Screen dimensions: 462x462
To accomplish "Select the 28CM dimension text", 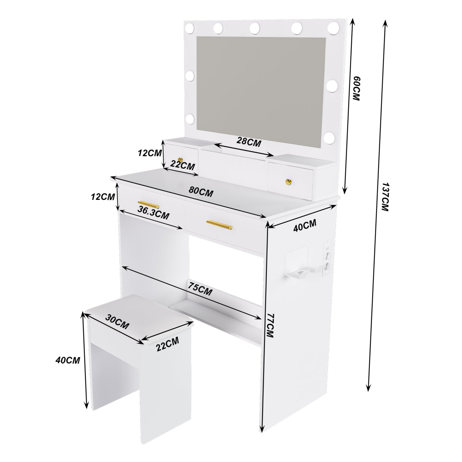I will pyautogui.click(x=249, y=142).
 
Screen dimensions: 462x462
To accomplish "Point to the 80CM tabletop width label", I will pyautogui.click(x=201, y=191).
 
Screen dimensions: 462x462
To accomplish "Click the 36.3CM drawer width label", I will pyautogui.click(x=153, y=213).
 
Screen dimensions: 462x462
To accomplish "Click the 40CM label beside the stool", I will pyautogui.click(x=68, y=360).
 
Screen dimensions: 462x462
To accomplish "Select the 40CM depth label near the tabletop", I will pyautogui.click(x=304, y=226).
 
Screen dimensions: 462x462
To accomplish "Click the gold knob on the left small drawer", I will pyautogui.click(x=180, y=160).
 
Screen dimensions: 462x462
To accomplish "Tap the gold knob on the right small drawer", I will pyautogui.click(x=287, y=181).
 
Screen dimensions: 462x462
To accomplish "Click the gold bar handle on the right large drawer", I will pyautogui.click(x=219, y=224).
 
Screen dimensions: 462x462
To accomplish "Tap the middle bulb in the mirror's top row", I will pyautogui.click(x=254, y=28).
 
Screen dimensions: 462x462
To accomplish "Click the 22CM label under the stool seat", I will pyautogui.click(x=167, y=343).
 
